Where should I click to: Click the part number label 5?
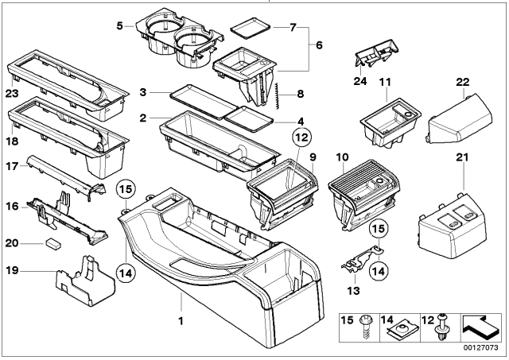[x=120, y=25]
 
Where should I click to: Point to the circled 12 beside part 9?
[x=300, y=137]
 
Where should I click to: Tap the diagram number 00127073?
[x=480, y=346]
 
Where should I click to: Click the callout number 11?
[x=385, y=81]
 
